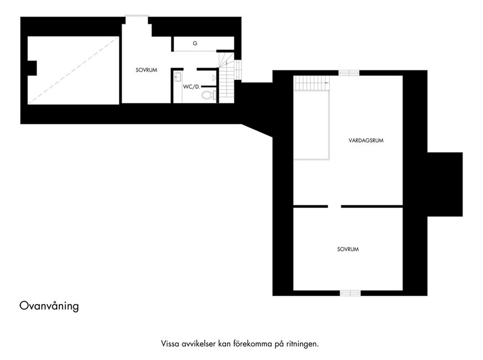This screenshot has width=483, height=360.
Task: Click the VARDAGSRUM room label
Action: point(366,140)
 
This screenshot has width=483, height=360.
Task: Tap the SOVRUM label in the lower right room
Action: point(348,249)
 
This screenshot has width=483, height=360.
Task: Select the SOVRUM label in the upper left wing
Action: point(147,70)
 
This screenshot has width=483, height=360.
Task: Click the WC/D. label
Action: point(192,87)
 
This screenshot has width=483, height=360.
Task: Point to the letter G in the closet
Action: point(195,43)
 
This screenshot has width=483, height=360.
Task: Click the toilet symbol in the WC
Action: point(209,95)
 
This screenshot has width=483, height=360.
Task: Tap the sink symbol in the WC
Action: point(178,77)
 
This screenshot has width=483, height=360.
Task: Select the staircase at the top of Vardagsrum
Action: point(312,83)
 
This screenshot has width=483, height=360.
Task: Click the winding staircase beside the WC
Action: point(227,78)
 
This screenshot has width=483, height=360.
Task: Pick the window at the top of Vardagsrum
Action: point(349,73)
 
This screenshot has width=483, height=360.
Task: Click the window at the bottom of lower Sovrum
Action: point(350,293)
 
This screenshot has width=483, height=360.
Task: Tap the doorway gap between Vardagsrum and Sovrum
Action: point(334,206)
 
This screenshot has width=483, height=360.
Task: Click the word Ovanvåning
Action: point(49,306)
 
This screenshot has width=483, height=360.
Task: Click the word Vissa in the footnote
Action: point(170,344)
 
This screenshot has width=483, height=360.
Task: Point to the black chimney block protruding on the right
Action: point(445,184)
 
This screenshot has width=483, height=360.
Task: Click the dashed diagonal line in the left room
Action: point(73,70)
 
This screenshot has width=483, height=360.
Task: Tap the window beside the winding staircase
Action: point(238,70)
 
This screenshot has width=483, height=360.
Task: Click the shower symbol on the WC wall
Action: point(214,78)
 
